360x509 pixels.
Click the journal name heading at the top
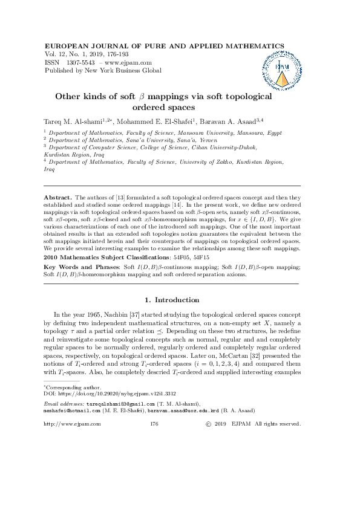165,46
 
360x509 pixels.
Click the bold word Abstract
57,198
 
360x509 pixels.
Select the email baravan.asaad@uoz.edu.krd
192,409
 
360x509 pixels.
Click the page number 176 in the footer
154,424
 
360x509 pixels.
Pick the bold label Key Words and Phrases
82,267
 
